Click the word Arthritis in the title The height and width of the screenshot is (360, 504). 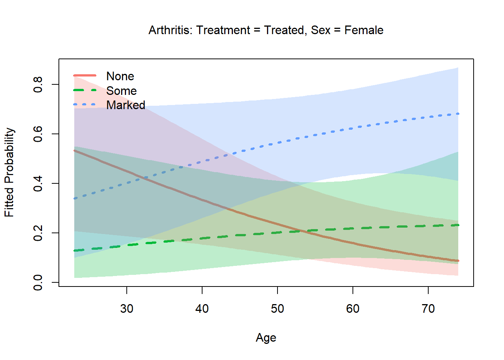170,30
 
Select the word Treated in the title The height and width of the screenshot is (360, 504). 284,30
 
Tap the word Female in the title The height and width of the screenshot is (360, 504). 364,30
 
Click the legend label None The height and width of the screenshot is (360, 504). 120,76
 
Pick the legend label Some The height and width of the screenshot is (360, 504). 121,91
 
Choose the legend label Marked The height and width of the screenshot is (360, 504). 126,105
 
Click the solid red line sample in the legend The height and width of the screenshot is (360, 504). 85,76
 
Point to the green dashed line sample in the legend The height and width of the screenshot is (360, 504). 85,90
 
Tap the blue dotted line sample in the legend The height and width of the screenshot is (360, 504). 85,105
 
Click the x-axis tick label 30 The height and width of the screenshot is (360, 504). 127,309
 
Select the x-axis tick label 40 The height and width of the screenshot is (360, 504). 202,309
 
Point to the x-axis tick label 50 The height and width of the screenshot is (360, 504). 277,309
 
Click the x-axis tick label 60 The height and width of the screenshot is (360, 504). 353,309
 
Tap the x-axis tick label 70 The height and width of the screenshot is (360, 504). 428,309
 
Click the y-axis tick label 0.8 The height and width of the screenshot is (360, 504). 38,84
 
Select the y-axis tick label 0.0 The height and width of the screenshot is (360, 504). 38,282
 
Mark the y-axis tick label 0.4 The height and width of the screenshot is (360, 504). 38,183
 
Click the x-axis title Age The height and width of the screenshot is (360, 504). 266,337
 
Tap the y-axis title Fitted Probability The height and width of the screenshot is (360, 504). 9,172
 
